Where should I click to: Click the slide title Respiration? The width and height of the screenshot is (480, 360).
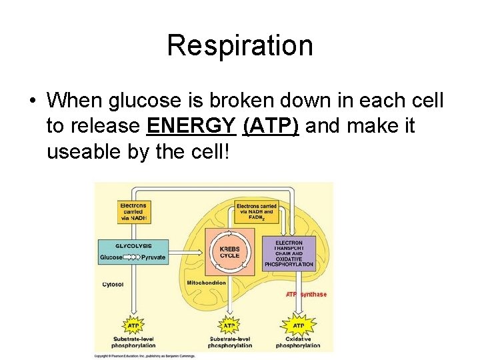[x=239, y=45]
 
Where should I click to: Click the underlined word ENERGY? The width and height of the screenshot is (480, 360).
[x=191, y=125]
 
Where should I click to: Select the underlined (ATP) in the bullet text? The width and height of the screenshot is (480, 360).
[x=271, y=125]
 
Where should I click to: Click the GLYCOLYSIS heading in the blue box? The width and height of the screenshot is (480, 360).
[x=133, y=245]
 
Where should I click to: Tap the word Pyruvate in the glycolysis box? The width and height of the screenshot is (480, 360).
[x=153, y=257]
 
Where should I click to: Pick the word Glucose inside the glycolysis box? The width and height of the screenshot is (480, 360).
[x=111, y=257]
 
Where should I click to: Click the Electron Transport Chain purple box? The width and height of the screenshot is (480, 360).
[x=288, y=253]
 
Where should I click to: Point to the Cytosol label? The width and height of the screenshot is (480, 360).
[x=112, y=284]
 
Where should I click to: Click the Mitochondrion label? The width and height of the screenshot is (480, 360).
[x=206, y=283]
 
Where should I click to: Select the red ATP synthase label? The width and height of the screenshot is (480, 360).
[x=306, y=294]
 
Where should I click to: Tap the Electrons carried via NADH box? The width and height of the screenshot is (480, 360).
[x=133, y=211]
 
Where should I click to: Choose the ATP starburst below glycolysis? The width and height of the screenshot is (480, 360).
[x=133, y=325]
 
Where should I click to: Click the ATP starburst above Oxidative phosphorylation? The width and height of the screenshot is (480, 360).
[x=298, y=325]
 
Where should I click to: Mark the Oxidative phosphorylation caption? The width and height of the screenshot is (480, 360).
[x=298, y=342]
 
